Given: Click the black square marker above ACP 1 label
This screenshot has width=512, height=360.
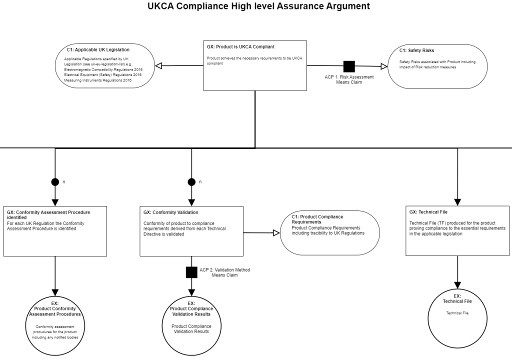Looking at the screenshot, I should (349, 66).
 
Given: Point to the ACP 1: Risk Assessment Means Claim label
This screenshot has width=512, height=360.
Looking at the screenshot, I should (349, 79).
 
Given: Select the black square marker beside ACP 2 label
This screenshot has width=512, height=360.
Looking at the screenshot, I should (191, 272).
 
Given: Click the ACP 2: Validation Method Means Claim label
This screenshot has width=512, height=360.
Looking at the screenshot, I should (224, 272).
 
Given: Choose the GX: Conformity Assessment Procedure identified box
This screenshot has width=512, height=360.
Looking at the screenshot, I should (55, 231).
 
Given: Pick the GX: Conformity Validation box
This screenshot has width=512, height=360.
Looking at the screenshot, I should (191, 231).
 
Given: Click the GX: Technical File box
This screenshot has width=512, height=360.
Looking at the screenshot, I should (457, 231).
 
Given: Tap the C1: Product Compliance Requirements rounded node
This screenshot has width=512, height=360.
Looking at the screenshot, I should (330, 232).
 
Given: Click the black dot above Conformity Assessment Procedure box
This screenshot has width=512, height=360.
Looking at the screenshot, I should (55, 181).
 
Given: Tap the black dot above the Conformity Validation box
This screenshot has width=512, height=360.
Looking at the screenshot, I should (191, 181).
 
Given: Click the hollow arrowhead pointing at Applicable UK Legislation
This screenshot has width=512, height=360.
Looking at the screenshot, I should (159, 66).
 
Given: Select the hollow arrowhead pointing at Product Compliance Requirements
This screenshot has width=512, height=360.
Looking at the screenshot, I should (275, 232).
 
